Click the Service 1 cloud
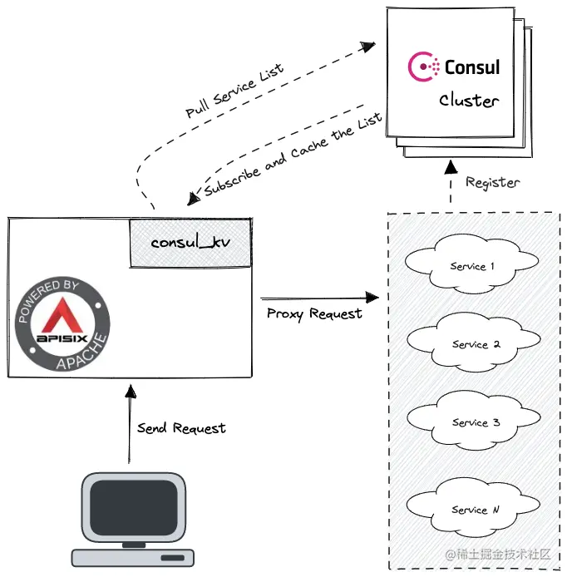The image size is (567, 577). pyautogui.click(x=472, y=266)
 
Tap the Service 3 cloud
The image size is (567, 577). pyautogui.click(x=474, y=422)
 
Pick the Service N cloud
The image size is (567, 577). pyautogui.click(x=474, y=509)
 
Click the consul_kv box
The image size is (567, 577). pyautogui.click(x=190, y=244)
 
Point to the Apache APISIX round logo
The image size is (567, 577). pyautogui.click(x=63, y=325)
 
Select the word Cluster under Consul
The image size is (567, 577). pyautogui.click(x=469, y=101)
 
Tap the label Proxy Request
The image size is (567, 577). pyautogui.click(x=314, y=313)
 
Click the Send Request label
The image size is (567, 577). pyautogui.click(x=181, y=428)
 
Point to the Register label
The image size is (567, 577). pyautogui.click(x=492, y=182)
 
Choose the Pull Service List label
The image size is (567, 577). pyautogui.click(x=234, y=91)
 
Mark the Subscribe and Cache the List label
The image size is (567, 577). pyautogui.click(x=293, y=155)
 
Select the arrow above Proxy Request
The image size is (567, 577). pyautogui.click(x=316, y=297)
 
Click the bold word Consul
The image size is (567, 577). pyautogui.click(x=472, y=66)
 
